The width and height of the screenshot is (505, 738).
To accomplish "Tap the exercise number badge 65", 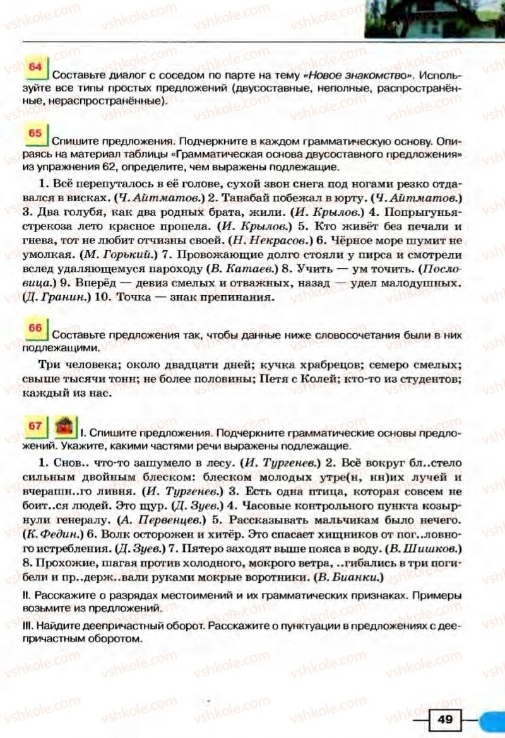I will point(35,134).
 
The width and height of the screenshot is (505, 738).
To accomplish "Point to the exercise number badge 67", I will point(35,427).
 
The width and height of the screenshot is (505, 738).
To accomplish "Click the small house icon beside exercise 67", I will point(64,427).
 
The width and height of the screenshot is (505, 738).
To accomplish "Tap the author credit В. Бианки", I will point(352,577).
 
